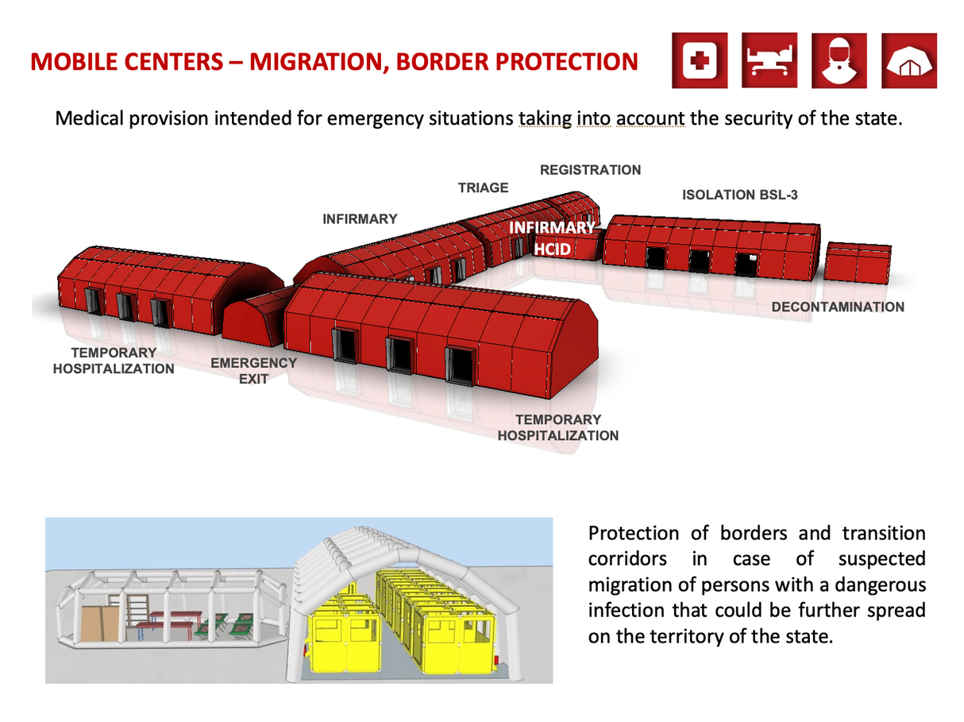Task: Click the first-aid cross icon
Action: click(699, 60)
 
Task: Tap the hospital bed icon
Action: click(769, 60)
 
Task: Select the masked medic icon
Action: click(839, 60)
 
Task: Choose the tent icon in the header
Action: click(909, 60)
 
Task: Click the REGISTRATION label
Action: click(590, 170)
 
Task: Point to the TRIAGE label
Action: click(483, 188)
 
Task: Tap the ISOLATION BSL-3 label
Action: click(739, 195)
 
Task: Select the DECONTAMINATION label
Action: click(838, 307)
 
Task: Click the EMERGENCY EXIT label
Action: click(253, 371)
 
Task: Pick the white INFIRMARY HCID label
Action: click(552, 238)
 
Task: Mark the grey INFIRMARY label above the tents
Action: click(360, 219)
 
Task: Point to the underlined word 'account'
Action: click(650, 118)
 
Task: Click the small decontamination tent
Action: click(858, 263)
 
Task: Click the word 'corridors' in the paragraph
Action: click(627, 559)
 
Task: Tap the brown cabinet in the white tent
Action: click(100, 624)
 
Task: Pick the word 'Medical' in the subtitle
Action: click(89, 118)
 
